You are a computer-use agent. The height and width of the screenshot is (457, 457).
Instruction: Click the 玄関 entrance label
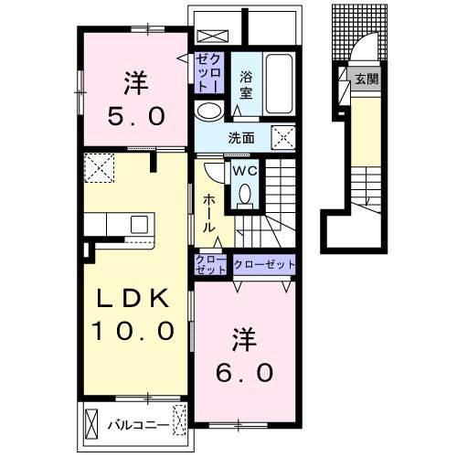(367, 80)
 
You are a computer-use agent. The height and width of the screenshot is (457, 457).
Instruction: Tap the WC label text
(245, 171)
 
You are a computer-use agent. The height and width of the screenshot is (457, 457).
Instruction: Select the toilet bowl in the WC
(245, 194)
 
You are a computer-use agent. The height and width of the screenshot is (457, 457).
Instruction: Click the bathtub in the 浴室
(279, 84)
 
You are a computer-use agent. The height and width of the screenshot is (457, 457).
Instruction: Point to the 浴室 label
(246, 85)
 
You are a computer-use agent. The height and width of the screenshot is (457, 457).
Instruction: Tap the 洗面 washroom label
(241, 139)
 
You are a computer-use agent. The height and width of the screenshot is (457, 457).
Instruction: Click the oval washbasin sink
(208, 112)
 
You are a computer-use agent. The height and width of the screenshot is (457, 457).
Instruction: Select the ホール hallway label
(209, 214)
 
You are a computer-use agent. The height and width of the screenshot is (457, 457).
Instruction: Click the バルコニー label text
(138, 425)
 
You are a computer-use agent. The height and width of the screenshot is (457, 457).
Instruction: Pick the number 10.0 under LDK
(133, 331)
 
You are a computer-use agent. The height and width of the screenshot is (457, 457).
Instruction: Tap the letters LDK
(133, 299)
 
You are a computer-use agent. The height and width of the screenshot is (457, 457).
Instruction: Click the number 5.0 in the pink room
(136, 116)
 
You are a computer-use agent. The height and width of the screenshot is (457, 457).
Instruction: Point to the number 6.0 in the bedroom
(245, 373)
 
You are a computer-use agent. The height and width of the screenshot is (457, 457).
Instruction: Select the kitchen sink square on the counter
(139, 225)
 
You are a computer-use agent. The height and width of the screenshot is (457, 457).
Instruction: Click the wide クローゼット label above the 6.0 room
(264, 264)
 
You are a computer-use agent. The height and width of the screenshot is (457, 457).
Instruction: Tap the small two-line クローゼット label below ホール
(211, 265)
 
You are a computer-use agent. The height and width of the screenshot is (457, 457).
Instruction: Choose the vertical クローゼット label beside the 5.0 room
(209, 73)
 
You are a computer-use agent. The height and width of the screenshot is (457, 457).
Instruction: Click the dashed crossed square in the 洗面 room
(283, 138)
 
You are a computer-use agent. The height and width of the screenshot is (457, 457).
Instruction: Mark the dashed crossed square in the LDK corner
(99, 168)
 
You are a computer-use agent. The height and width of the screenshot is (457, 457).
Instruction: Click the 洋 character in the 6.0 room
(244, 340)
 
